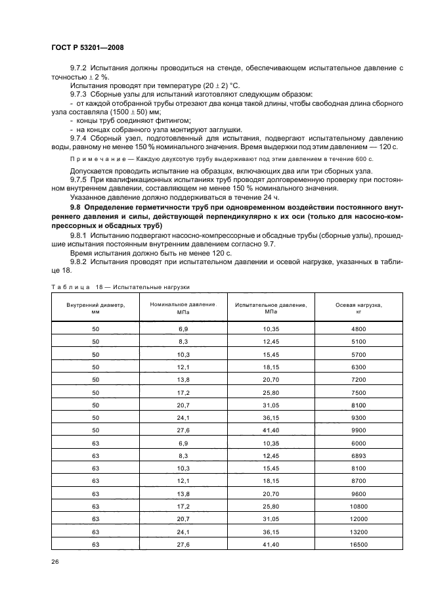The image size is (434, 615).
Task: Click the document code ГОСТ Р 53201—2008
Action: coord(87,48)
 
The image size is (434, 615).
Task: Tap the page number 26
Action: coord(55,562)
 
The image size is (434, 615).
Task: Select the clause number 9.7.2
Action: coord(79,69)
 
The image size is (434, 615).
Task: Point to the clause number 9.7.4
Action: coord(79,138)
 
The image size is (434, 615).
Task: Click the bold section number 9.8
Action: coord(76,206)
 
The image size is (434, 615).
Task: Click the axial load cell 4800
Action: coord(359,329)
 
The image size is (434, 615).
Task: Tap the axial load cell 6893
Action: coord(359,456)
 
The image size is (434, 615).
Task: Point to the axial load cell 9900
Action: coord(359,429)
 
